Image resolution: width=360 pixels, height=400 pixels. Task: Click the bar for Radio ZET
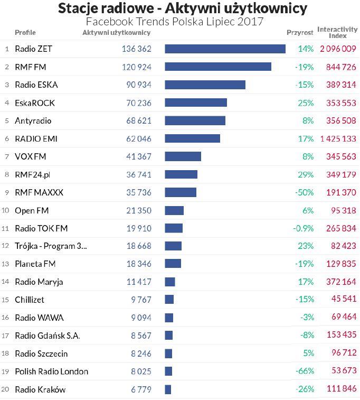coord(225,49)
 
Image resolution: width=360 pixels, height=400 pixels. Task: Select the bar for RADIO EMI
coord(192,138)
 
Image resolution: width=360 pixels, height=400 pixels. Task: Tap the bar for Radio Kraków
coord(168,390)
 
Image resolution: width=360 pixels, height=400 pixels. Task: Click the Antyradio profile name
coord(33,121)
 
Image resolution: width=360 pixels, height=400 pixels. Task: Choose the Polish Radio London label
coord(51,372)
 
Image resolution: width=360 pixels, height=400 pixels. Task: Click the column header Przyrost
coord(300,33)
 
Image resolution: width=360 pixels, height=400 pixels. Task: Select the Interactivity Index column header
coord(338,33)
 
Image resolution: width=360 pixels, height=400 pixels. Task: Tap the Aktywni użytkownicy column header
coord(117,33)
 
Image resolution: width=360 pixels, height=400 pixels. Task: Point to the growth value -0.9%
coord(304,229)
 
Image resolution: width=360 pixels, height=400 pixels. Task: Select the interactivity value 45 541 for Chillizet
coord(342,300)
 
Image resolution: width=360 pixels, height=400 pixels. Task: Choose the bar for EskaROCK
coord(196,103)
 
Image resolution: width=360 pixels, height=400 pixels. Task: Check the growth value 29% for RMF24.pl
coord(306,175)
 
